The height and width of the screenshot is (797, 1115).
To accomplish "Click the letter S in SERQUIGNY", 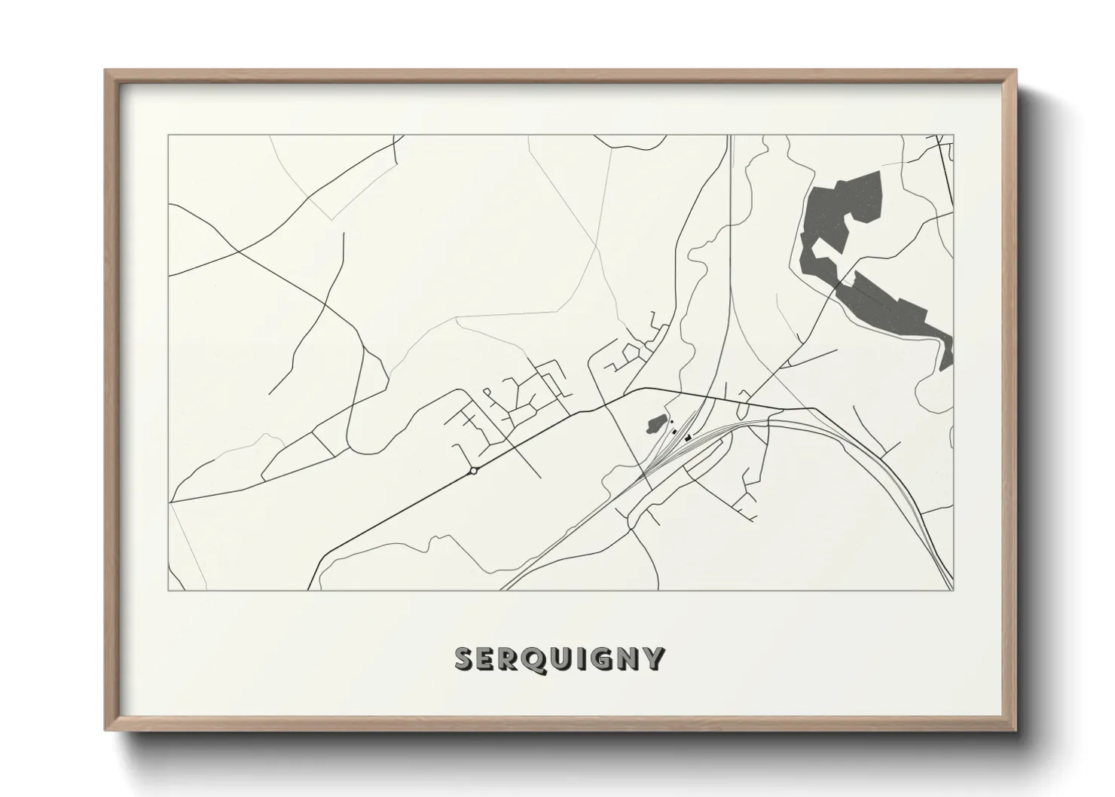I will click(465, 658).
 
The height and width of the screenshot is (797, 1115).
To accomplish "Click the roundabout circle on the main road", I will click(473, 471).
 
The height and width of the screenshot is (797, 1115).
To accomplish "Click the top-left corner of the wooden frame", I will click(105, 71).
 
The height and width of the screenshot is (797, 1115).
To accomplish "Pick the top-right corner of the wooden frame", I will click(1016, 71).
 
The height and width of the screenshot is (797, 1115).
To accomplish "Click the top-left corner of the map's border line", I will click(168, 136).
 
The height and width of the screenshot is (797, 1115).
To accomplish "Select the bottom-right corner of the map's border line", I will click(953, 590).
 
